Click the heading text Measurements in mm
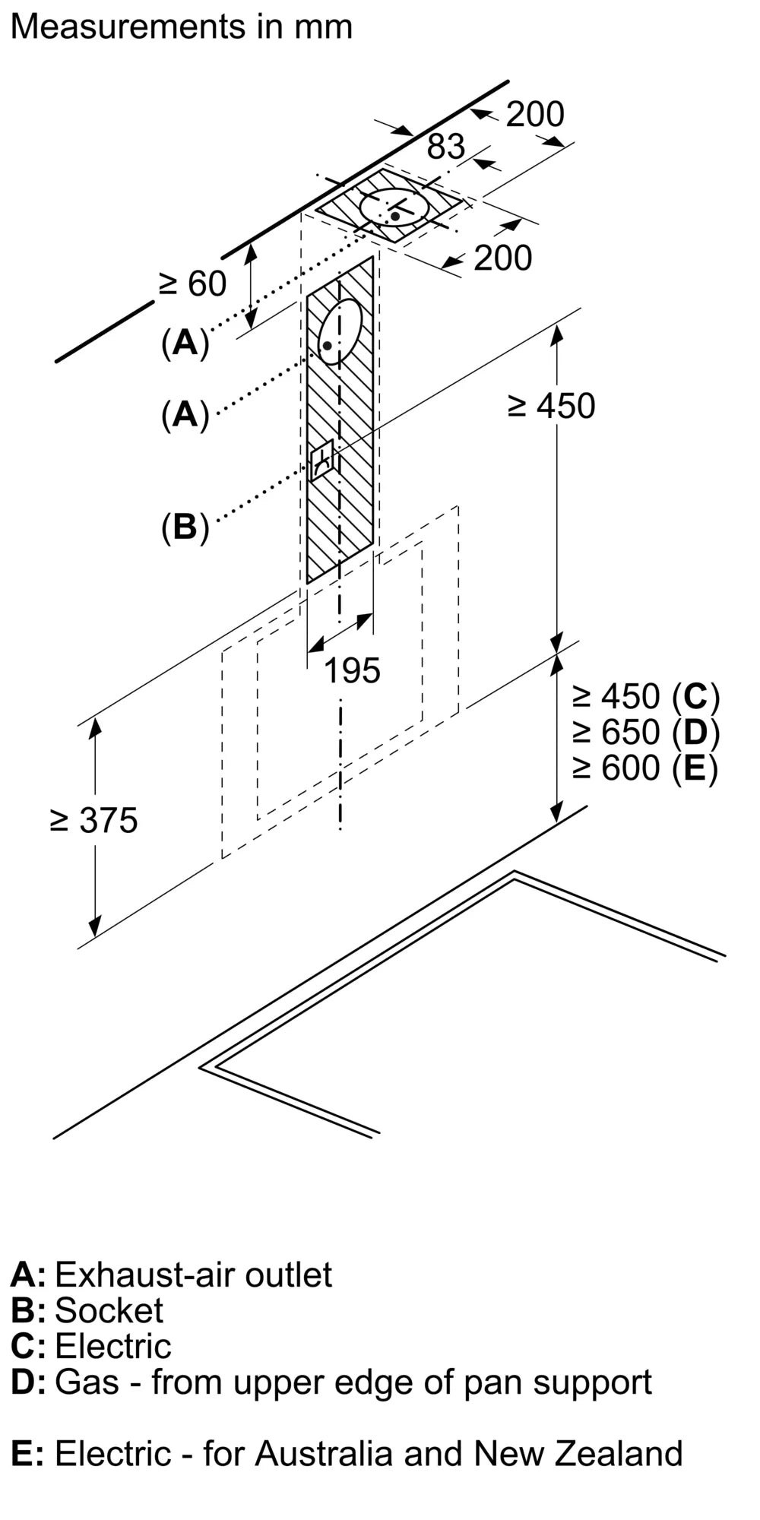(x=182, y=27)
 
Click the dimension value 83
(x=445, y=147)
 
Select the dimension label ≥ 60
(x=193, y=283)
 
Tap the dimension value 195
(x=352, y=671)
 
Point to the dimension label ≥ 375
(x=94, y=821)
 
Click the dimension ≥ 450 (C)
(x=645, y=696)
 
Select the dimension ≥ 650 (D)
(x=645, y=732)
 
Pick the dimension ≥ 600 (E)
(x=645, y=768)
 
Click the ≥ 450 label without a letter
(x=552, y=407)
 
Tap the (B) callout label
(x=185, y=527)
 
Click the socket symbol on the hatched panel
(x=322, y=459)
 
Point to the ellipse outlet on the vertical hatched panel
(x=340, y=332)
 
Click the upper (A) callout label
(x=185, y=344)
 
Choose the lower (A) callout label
(x=185, y=415)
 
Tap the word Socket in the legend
(x=109, y=1310)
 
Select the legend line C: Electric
(x=91, y=1346)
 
